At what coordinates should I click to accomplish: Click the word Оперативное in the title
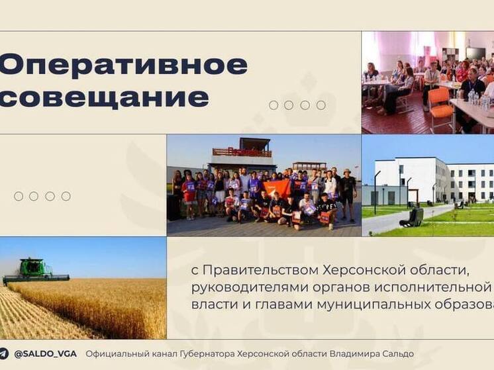tap(123, 66)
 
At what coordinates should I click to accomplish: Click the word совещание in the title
tap(104, 97)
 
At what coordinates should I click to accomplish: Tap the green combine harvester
tap(36, 271)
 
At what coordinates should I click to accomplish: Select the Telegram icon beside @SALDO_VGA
tap(5, 354)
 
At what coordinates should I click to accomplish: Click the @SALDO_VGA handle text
tap(45, 354)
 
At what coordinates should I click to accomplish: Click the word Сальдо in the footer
tap(398, 354)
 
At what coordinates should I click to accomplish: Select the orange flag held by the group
tap(278, 187)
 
